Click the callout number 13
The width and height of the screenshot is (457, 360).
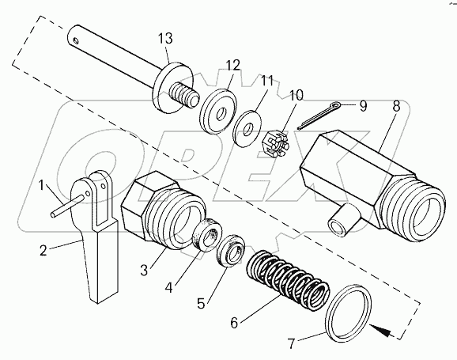pyautogui.click(x=165, y=39)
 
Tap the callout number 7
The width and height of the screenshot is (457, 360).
pyautogui.click(x=292, y=343)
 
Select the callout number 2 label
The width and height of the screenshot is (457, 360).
pyautogui.click(x=43, y=250)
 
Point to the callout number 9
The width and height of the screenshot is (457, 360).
pyautogui.click(x=363, y=106)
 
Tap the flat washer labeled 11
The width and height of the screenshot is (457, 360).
pyautogui.click(x=247, y=129)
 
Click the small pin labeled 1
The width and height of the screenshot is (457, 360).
pyautogui.click(x=68, y=207)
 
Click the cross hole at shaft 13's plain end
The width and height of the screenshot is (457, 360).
pyautogui.click(x=76, y=40)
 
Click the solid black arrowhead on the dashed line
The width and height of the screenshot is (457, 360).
pyautogui.click(x=380, y=331)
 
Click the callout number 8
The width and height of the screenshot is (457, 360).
pyautogui.click(x=396, y=107)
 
